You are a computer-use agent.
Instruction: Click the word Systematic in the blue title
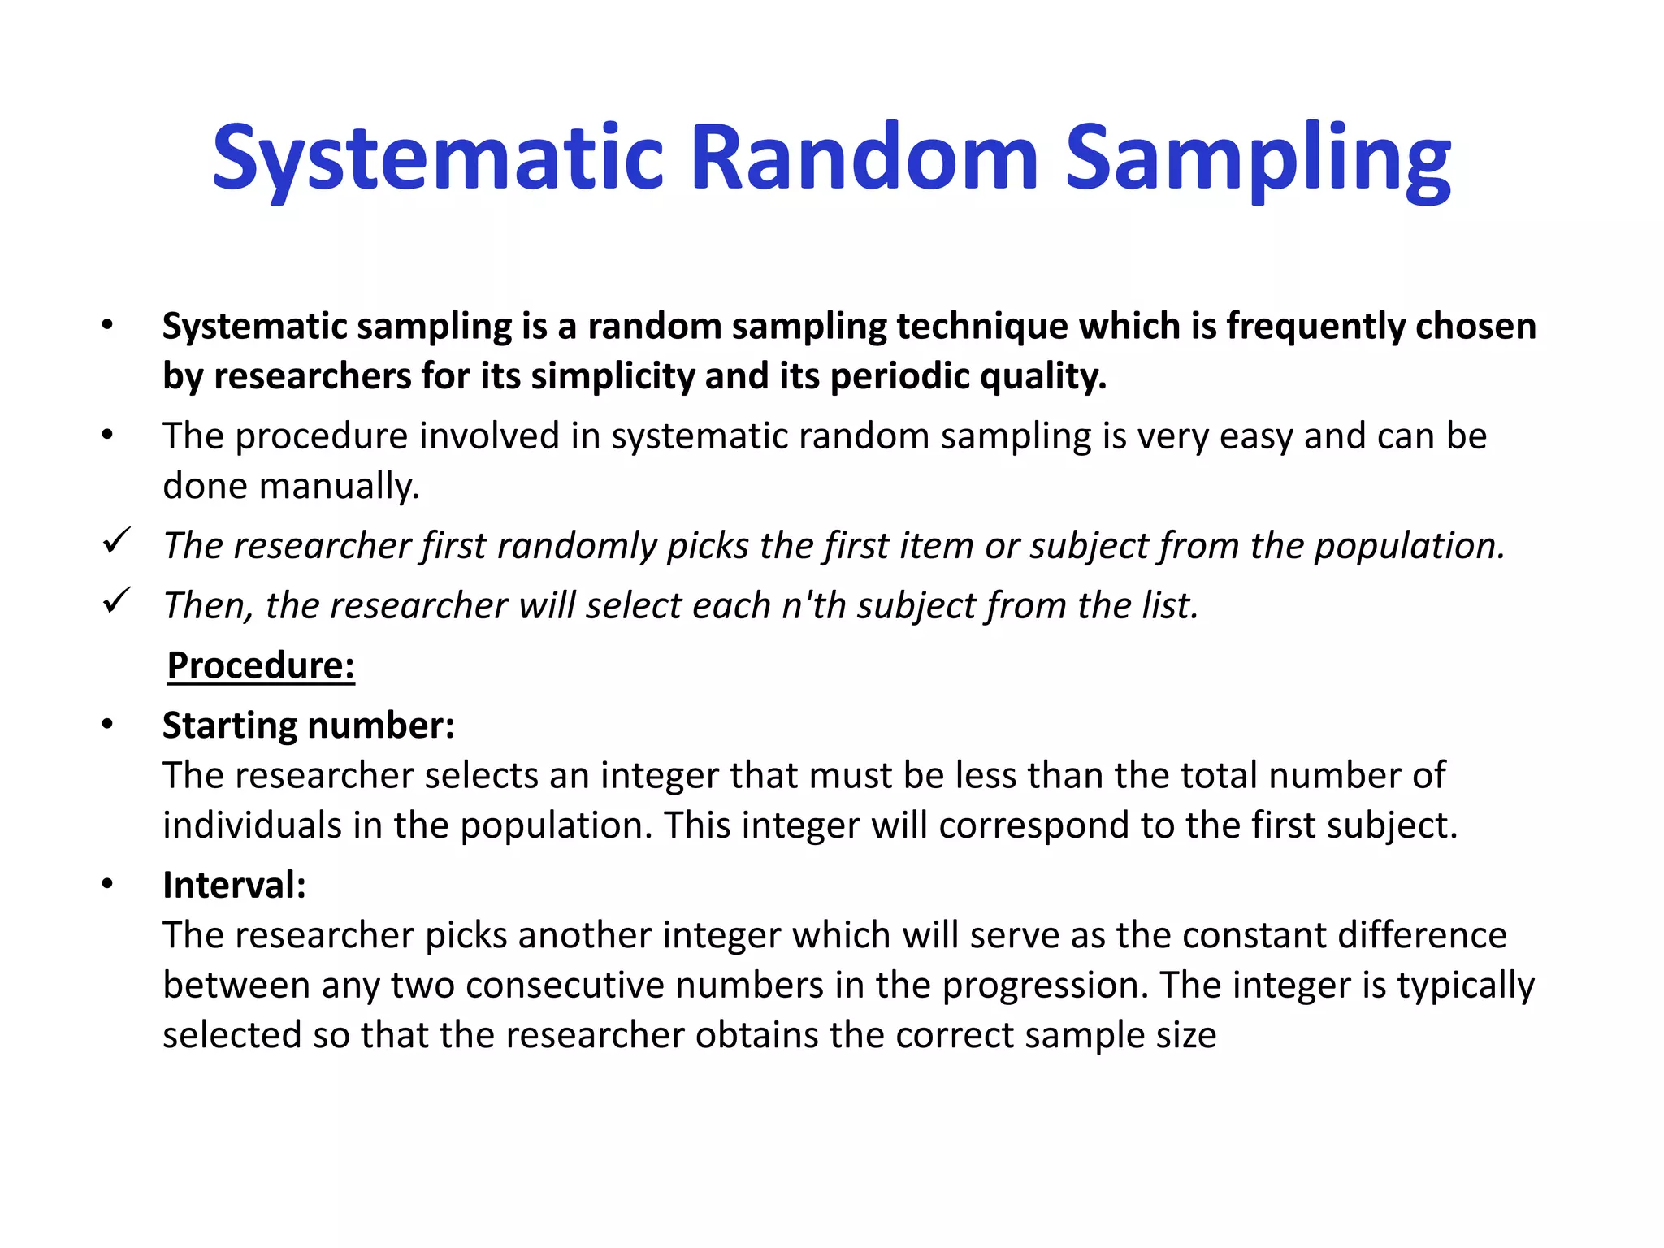[x=439, y=158]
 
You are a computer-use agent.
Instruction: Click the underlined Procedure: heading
[x=261, y=665]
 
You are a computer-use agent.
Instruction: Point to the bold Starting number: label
[x=309, y=726]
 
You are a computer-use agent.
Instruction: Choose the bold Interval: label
[x=234, y=885]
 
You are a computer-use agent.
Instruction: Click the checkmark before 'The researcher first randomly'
[x=117, y=542]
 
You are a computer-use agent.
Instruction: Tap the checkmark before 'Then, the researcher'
[x=117, y=602]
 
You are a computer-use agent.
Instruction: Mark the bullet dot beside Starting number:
[x=107, y=725]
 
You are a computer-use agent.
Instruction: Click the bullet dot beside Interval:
[x=107, y=884]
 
